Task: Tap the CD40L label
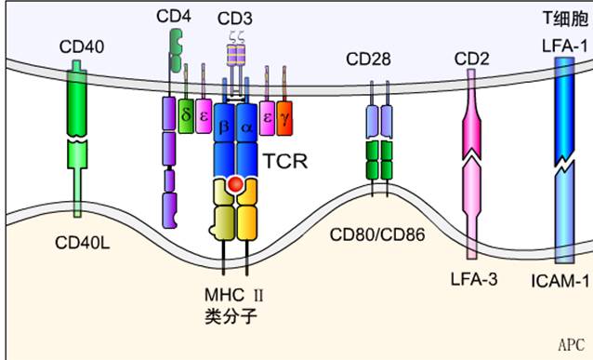pos(82,244)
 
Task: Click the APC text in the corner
pos(570,344)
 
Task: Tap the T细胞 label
pos(561,18)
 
